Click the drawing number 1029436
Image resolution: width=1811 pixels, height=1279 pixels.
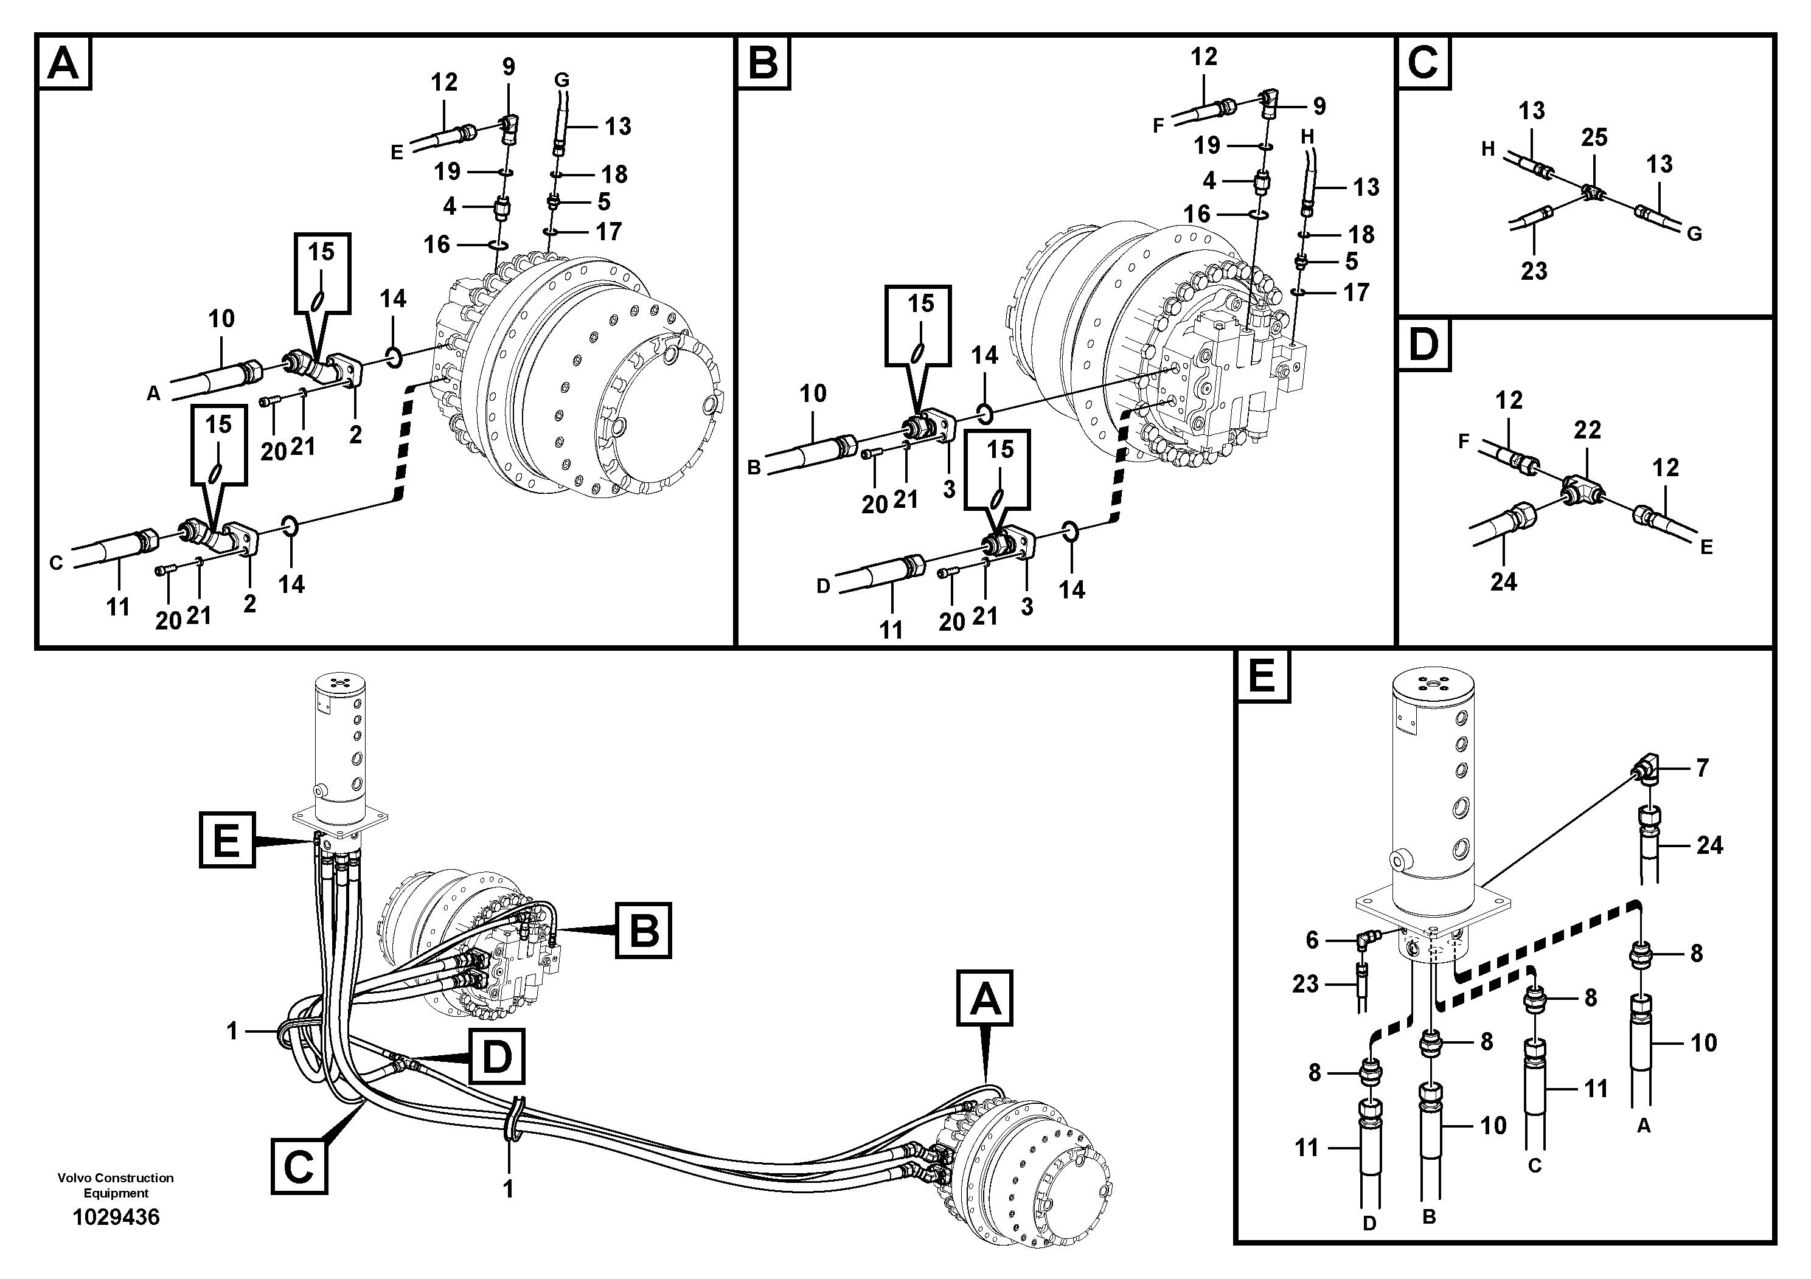(116, 1218)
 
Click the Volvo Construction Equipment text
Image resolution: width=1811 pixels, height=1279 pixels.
(116, 1185)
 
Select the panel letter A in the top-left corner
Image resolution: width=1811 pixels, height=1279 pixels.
(63, 63)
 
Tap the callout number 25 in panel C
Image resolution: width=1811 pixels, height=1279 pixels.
(1593, 137)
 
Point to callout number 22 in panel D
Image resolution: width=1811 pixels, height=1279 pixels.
(1587, 430)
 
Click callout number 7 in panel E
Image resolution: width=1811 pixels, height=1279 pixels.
(1702, 768)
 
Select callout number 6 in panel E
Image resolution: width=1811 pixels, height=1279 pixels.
(1312, 939)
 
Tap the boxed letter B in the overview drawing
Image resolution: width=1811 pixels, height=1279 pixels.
(643, 931)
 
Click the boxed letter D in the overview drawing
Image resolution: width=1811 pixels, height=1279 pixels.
(496, 1056)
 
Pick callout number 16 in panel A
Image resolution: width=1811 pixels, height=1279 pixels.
(436, 244)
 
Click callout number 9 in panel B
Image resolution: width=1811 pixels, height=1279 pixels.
(1319, 106)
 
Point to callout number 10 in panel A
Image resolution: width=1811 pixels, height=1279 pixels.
(221, 319)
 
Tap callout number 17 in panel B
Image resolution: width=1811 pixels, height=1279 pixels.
(1356, 293)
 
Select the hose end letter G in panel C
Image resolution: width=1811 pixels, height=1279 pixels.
(1694, 234)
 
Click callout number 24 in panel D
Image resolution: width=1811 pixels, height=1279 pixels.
(1503, 582)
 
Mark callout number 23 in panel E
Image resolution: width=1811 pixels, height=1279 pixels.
(1305, 983)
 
